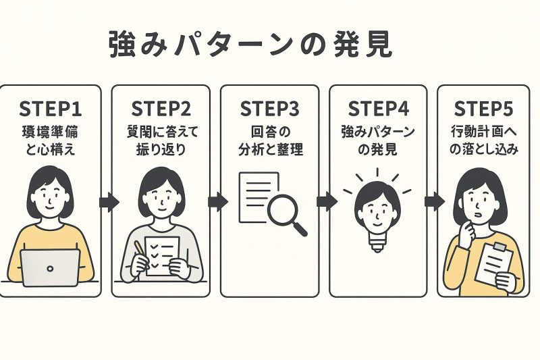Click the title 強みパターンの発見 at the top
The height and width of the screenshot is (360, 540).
(250, 45)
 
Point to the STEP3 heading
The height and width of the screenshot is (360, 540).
(270, 109)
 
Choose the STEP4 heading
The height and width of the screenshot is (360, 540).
(378, 109)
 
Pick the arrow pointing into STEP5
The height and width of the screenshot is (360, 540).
(433, 201)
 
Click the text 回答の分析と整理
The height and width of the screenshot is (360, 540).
(270, 140)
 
